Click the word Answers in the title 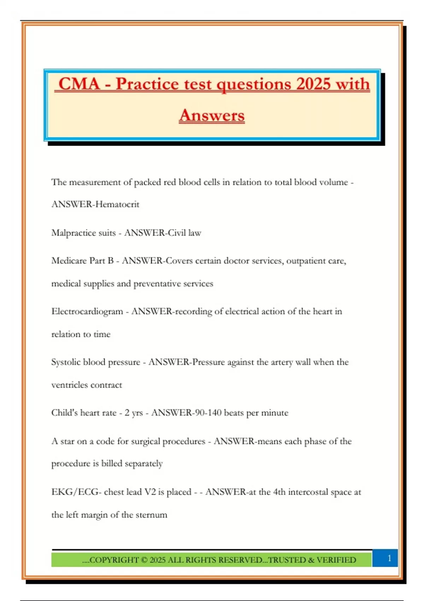click(x=212, y=115)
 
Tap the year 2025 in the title click(x=313, y=84)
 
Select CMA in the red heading click(x=79, y=84)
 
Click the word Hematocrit click(x=117, y=204)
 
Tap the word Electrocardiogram click(x=87, y=311)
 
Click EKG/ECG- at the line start click(x=76, y=492)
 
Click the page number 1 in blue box click(x=389, y=558)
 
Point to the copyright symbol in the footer click(x=144, y=560)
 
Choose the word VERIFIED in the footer click(x=336, y=560)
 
